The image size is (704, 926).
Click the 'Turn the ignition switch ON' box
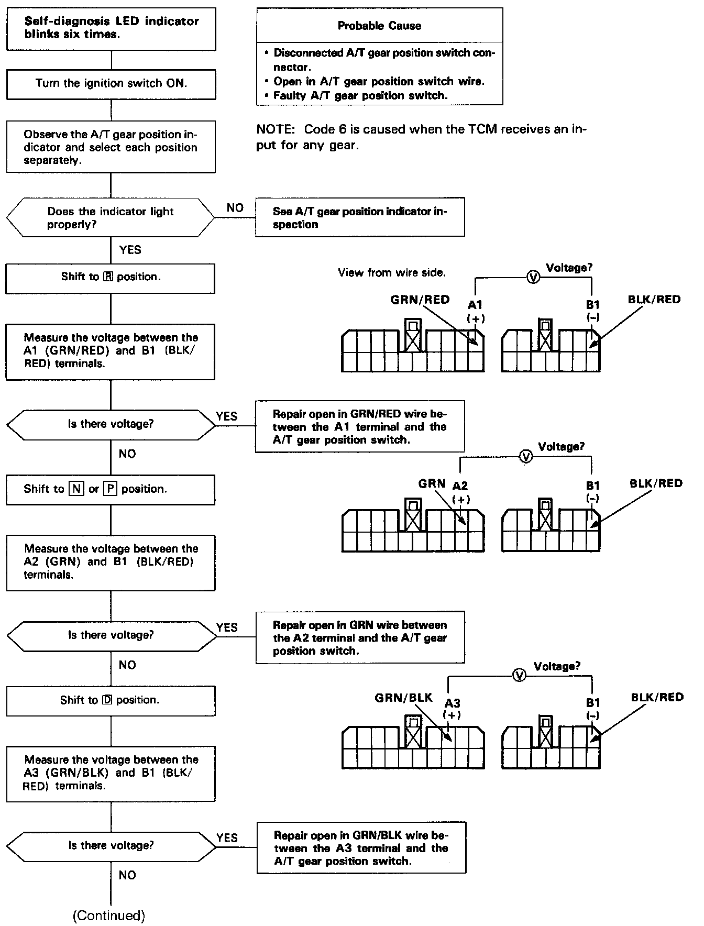tap(111, 84)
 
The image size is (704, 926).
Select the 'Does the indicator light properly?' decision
tap(111, 218)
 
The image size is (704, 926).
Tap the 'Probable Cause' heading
tap(379, 26)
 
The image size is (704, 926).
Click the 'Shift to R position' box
tap(111, 278)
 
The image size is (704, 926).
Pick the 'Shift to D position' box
tap(111, 701)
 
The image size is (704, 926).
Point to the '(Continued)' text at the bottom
tap(109, 916)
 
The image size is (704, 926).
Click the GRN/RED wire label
tap(420, 300)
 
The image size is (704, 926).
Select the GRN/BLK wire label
tap(403, 698)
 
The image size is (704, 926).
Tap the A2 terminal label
tap(460, 486)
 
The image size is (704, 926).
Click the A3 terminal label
tap(452, 703)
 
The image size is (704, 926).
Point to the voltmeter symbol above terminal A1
tap(533, 278)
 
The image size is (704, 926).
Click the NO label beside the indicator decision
tap(235, 208)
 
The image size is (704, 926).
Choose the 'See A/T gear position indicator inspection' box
tap(360, 218)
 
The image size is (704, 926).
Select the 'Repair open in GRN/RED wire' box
tap(360, 427)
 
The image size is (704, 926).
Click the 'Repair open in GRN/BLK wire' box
tap(361, 848)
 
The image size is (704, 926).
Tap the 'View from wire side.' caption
tap(392, 273)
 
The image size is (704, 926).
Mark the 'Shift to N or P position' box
tap(111, 489)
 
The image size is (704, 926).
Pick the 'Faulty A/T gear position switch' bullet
tap(360, 96)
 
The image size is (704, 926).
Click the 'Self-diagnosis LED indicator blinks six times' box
tap(111, 28)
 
